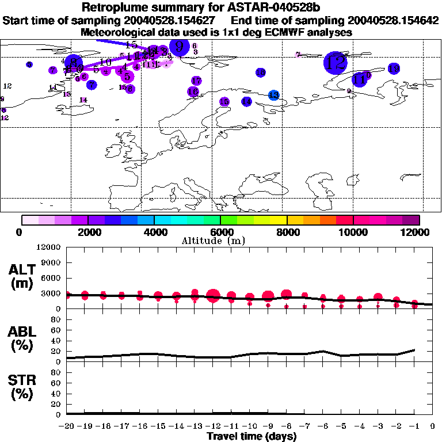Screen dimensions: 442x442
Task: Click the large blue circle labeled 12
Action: (335, 62)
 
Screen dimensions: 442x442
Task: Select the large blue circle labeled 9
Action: (180, 47)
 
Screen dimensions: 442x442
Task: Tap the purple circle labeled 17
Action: (196, 81)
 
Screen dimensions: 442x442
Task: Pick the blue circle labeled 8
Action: (74, 63)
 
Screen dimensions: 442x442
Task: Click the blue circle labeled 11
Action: (360, 79)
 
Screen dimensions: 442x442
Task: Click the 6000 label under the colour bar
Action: (220, 232)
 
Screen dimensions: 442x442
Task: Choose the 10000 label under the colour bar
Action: (353, 232)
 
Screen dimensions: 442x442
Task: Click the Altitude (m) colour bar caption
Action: (220, 241)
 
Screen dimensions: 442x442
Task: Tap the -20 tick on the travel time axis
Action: (67, 426)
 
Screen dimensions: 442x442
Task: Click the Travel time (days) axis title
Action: (252, 436)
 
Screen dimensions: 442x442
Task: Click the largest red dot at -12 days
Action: (213, 296)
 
